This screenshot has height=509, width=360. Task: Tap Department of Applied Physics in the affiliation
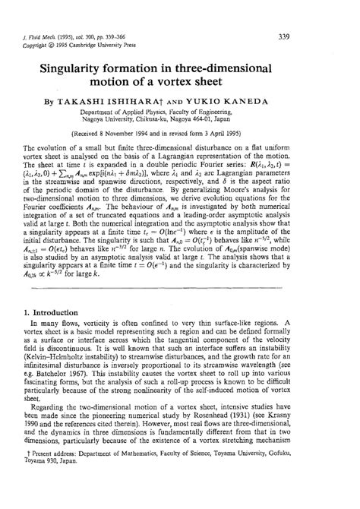point(136,111)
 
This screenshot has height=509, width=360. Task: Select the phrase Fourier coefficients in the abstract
point(70,238)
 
